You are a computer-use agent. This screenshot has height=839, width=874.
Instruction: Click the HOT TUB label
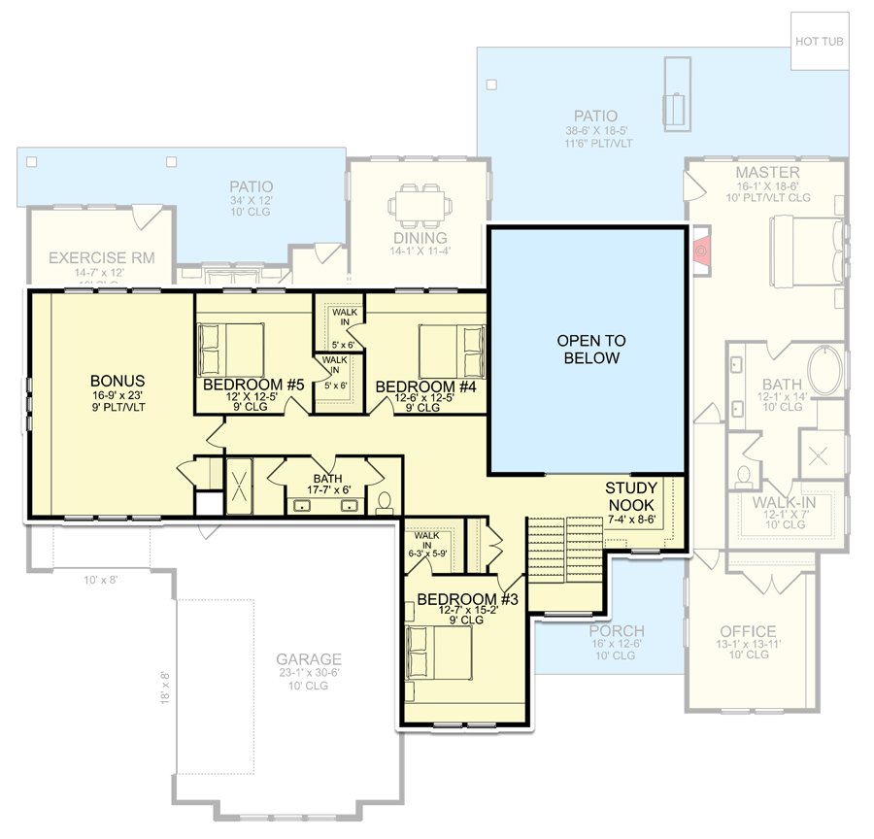[819, 42]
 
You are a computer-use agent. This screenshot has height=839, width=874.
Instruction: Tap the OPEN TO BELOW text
[590, 350]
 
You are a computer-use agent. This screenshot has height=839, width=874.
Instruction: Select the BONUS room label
[118, 381]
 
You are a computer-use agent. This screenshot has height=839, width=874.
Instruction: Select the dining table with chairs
[422, 207]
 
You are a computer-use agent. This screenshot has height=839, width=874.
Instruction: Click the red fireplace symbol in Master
[699, 249]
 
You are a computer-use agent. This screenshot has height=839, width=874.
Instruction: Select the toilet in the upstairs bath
[384, 502]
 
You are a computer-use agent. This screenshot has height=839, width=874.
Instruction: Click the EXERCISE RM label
[101, 258]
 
